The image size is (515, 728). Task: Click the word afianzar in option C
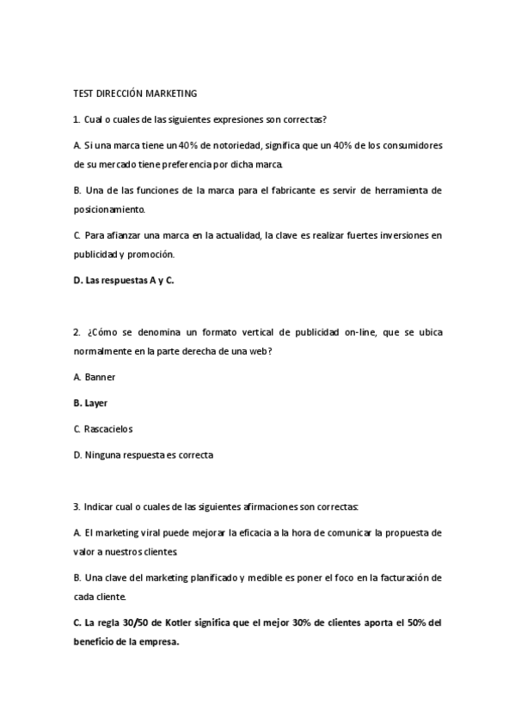(122, 234)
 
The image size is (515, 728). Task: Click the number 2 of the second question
(76, 331)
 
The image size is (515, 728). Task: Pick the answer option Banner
(100, 376)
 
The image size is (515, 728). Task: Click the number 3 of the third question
(76, 507)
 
